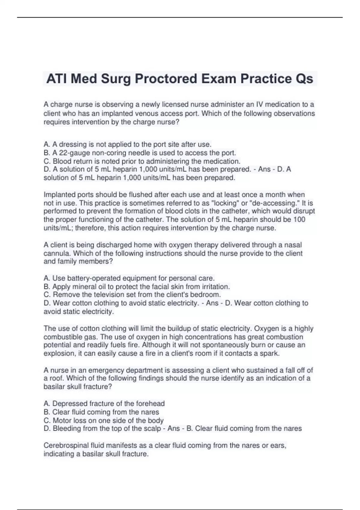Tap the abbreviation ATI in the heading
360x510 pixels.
(56, 79)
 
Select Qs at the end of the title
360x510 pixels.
(304, 79)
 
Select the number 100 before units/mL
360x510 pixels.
(299, 220)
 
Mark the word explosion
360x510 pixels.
(59, 354)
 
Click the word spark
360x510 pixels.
(271, 354)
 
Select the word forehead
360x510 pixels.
(150, 404)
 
